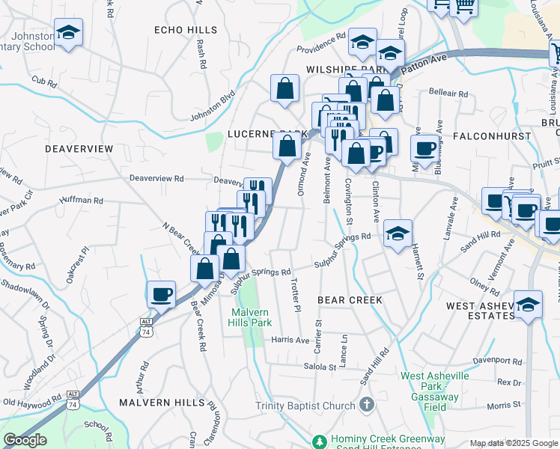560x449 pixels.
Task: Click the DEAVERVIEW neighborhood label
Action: pyautogui.click(x=79, y=149)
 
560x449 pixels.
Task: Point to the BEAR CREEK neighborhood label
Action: pyautogui.click(x=350, y=299)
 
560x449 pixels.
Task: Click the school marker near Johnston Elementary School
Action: pyautogui.click(x=68, y=32)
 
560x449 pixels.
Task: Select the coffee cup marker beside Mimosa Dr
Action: pyautogui.click(x=160, y=293)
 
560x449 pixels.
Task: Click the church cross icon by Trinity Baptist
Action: pyautogui.click(x=366, y=405)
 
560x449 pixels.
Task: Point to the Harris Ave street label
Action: pyautogui.click(x=290, y=340)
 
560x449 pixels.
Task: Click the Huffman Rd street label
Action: pyautogui.click(x=83, y=201)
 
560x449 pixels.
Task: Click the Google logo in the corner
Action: pyautogui.click(x=25, y=440)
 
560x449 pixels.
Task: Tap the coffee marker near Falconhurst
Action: pyautogui.click(x=424, y=147)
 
